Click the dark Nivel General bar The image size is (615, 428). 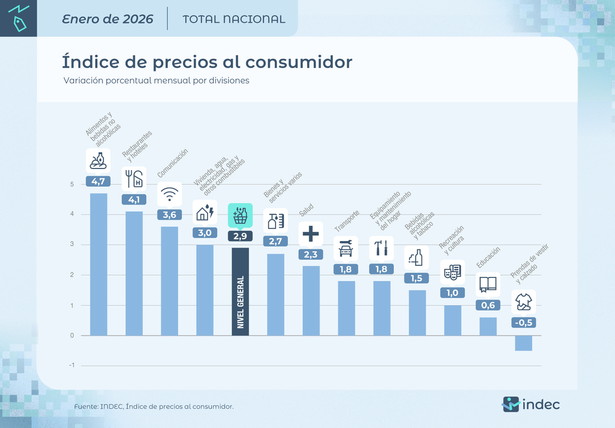tap(240, 292)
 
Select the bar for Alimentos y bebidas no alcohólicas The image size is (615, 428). tap(98, 264)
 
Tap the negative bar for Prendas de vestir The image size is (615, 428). tap(523, 343)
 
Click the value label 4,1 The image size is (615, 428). tap(134, 200)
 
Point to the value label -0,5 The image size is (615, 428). tap(523, 323)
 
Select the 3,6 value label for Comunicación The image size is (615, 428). tap(169, 215)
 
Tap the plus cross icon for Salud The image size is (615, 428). tap(311, 234)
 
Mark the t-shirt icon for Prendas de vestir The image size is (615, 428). tap(523, 303)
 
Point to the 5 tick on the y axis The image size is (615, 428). tap(72, 184)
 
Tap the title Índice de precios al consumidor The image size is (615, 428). tap(207, 62)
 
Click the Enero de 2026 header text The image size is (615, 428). tap(108, 19)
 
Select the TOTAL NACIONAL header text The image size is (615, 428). tap(234, 19)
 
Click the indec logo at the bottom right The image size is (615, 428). tap(530, 404)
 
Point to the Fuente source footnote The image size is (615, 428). tap(154, 406)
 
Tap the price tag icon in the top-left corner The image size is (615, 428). tap(19, 18)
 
